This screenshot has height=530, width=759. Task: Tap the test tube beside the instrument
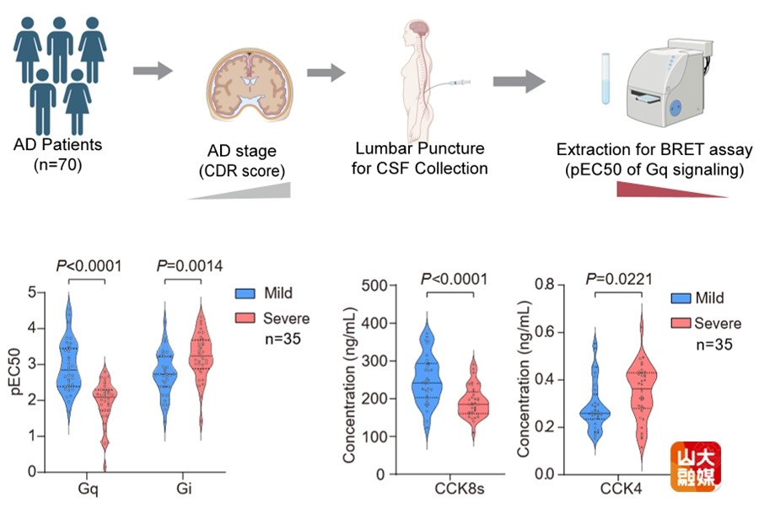[x=606, y=79]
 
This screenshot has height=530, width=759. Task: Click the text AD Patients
[x=57, y=144]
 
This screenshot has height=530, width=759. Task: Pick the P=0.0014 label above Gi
[x=191, y=267]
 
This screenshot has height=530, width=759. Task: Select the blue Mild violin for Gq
[x=68, y=354]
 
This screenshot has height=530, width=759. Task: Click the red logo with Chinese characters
[x=696, y=466]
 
